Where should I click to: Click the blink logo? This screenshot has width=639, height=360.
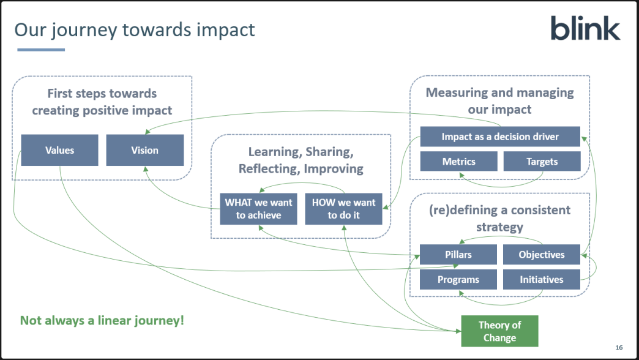[585, 29]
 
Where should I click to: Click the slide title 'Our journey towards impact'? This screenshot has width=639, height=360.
[135, 29]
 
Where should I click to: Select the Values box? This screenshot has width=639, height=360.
[59, 150]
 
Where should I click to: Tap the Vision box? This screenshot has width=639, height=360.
[144, 150]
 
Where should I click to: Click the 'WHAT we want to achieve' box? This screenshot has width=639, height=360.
[258, 209]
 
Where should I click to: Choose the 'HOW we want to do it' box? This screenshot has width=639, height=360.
[343, 209]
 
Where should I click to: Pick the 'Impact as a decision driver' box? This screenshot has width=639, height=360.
[499, 137]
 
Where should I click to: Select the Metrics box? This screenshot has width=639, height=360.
[458, 162]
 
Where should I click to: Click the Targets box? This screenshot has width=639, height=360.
[542, 162]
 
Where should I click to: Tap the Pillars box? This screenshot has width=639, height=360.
[458, 255]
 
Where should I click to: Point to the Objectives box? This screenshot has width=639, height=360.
[542, 255]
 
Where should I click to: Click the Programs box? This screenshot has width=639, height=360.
[458, 280]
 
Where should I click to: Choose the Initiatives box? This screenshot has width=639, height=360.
[542, 280]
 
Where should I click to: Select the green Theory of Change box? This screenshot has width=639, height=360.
[499, 331]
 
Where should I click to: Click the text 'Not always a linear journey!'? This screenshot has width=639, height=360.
[102, 320]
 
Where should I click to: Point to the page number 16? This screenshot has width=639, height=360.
[619, 348]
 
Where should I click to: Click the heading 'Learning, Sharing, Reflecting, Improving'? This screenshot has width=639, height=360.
[301, 160]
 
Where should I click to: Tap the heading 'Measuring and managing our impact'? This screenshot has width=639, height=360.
[499, 101]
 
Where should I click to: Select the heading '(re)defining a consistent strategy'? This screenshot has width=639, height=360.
[499, 219]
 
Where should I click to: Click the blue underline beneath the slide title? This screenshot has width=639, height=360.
[40, 50]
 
